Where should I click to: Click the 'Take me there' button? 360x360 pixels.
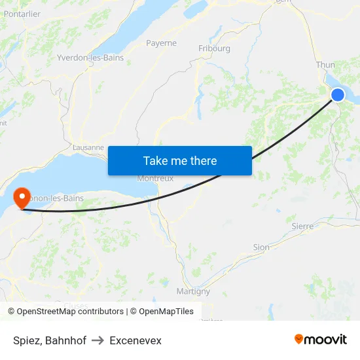[180, 160]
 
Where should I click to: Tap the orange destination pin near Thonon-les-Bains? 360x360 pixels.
[21, 197]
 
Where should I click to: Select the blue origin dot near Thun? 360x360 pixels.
[338, 95]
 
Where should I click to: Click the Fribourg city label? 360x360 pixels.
[214, 48]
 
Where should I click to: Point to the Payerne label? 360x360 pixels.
[161, 43]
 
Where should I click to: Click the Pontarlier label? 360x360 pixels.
[22, 14]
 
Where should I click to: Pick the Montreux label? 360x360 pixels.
[154, 179]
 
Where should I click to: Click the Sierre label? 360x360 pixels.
[302, 226]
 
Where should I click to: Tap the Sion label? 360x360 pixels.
[261, 247]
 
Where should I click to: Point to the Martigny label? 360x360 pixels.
[193, 291]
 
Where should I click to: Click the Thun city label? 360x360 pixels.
[325, 65]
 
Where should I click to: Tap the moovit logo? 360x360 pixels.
[320, 339]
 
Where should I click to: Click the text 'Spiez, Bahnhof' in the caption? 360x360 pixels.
[50, 340]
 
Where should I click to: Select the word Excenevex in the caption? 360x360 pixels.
[135, 340]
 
